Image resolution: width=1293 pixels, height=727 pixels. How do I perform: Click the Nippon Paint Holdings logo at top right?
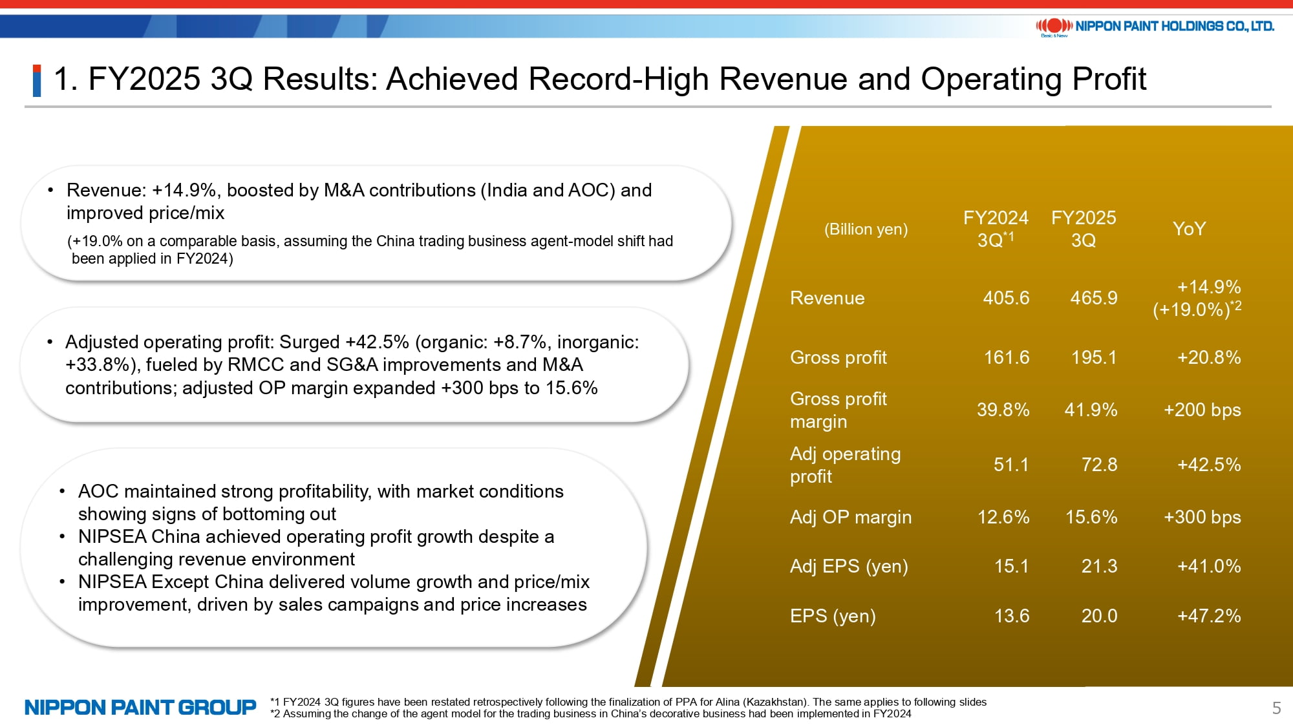(x=1155, y=26)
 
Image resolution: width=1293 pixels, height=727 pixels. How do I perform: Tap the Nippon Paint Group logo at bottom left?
(x=140, y=708)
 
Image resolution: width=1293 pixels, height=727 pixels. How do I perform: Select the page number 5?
(x=1276, y=708)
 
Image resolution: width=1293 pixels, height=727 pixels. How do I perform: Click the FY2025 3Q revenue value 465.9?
(x=1093, y=298)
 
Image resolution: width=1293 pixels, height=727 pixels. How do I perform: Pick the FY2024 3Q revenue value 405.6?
(x=1006, y=298)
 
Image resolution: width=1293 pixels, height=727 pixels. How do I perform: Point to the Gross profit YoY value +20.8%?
(x=1209, y=357)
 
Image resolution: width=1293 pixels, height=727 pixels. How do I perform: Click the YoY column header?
(x=1189, y=229)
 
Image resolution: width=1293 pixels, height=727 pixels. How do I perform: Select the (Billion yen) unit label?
(x=866, y=229)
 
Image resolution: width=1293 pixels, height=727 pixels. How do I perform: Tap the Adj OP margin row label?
(x=851, y=517)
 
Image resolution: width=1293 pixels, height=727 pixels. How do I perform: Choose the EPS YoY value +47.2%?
(x=1209, y=616)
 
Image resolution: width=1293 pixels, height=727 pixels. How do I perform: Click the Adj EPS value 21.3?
(x=1099, y=566)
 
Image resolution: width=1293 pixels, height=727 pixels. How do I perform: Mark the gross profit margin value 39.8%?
(x=1003, y=410)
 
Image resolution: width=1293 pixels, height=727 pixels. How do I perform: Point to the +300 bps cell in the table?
(x=1202, y=517)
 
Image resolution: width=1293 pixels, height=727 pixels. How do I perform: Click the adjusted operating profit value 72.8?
(x=1099, y=465)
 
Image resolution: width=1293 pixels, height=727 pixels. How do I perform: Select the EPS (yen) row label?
(x=833, y=616)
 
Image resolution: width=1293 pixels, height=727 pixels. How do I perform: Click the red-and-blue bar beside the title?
(x=37, y=81)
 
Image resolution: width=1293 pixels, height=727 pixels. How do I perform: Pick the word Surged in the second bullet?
(x=309, y=342)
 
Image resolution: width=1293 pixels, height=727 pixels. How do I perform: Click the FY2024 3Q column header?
(x=996, y=229)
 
